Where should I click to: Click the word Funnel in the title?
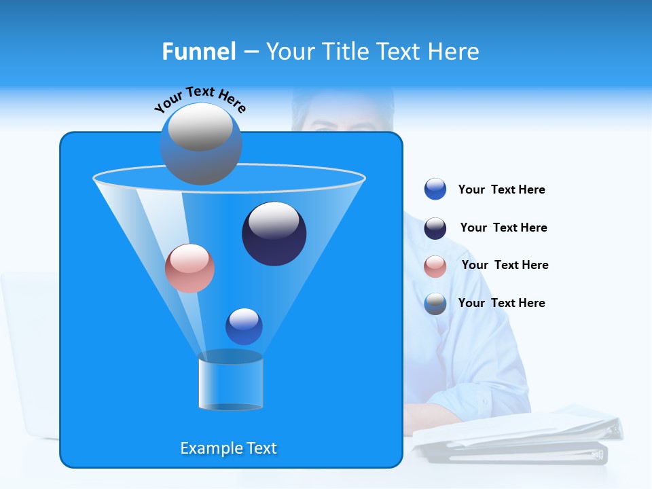tap(198, 52)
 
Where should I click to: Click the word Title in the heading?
tap(345, 52)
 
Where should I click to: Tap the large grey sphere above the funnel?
tap(200, 143)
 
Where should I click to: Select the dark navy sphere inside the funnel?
tap(274, 234)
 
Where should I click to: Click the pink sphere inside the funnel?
tap(189, 268)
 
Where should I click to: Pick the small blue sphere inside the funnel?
tap(244, 326)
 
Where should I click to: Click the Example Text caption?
tap(228, 448)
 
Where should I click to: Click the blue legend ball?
tap(435, 189)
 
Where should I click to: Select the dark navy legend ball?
tap(435, 228)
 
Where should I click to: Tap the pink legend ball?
tap(435, 266)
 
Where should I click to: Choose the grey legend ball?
tap(435, 304)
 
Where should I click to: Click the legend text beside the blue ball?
tap(501, 190)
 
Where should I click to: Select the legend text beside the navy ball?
tap(503, 228)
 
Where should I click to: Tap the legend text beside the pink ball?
tap(505, 266)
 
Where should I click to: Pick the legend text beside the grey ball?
tap(501, 304)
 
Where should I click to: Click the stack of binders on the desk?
tap(516, 435)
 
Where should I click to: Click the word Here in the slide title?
tap(454, 52)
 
